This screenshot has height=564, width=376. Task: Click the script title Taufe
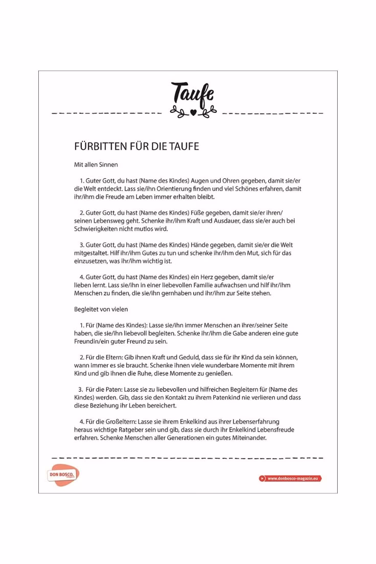192,93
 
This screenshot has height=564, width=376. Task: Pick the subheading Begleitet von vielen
101,309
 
